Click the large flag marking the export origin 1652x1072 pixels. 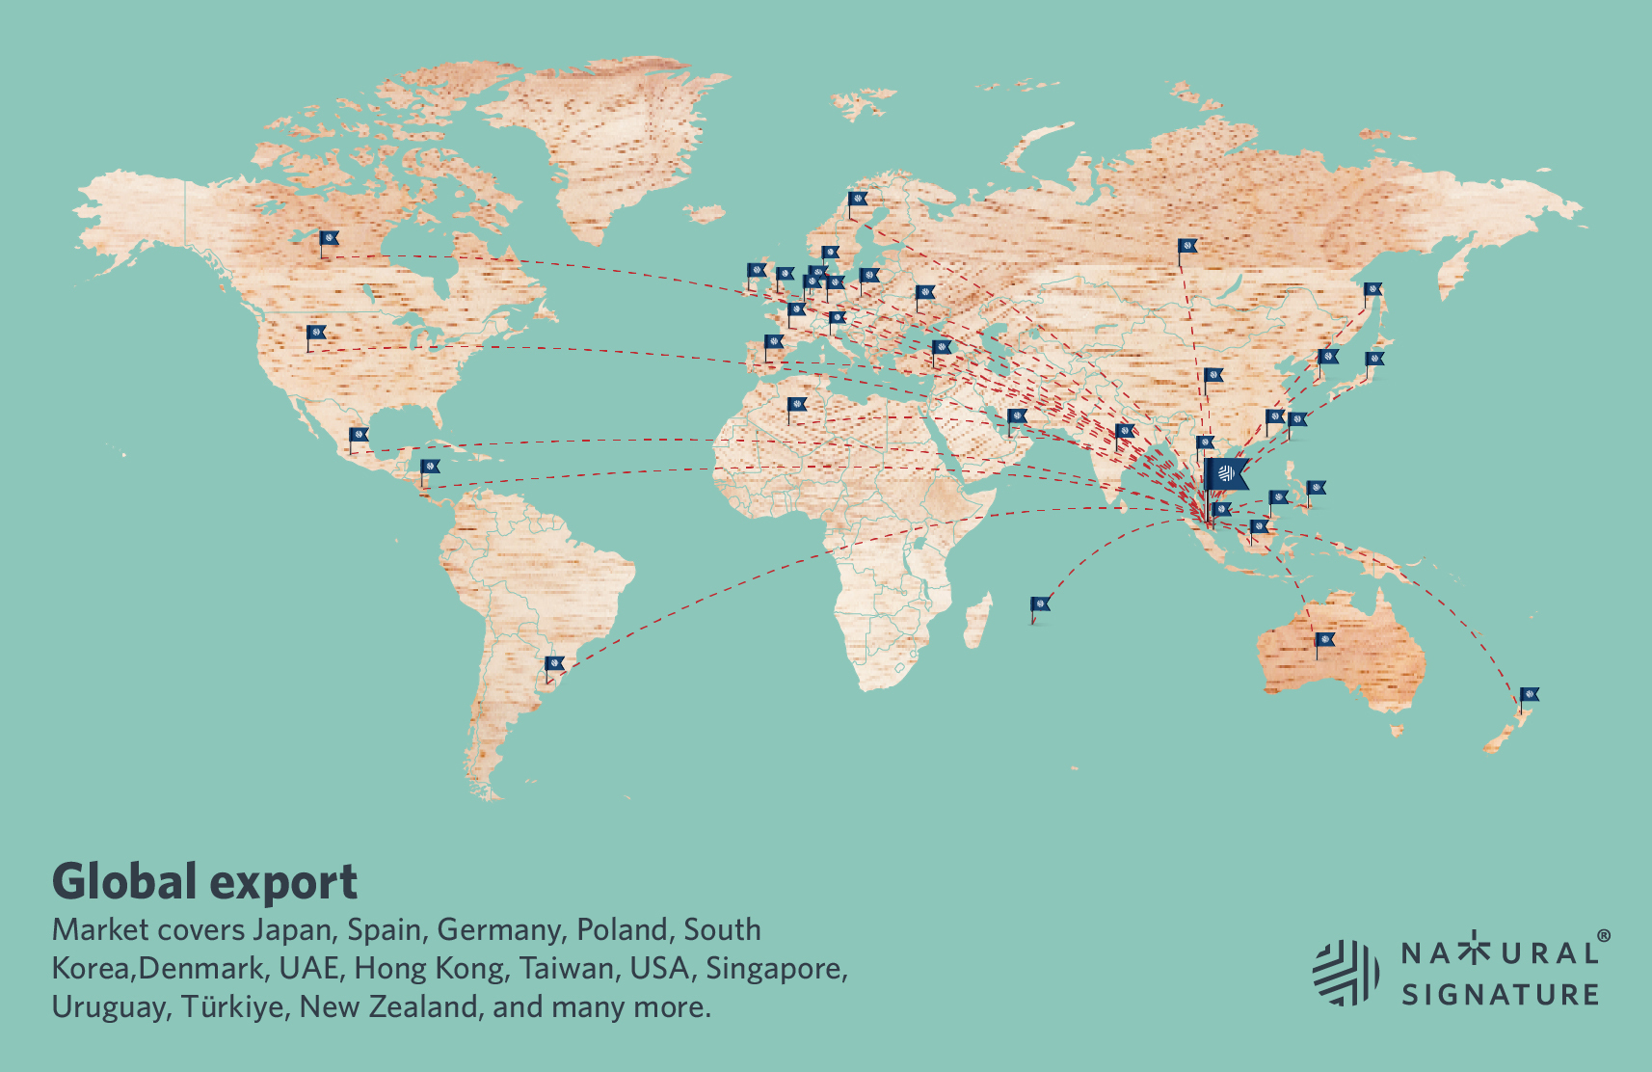click(x=1226, y=473)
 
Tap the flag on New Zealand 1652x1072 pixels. click(x=1530, y=695)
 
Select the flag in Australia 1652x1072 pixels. click(x=1325, y=640)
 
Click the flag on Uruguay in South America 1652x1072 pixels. click(x=554, y=664)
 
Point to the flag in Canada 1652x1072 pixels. click(x=329, y=238)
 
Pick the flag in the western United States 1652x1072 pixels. click(x=316, y=334)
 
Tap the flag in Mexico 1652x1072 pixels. click(x=359, y=436)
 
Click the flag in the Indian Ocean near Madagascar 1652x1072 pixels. click(x=1040, y=605)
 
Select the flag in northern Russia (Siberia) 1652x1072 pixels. click(x=1187, y=247)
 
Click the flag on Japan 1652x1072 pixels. click(x=1374, y=360)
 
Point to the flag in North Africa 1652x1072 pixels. click(x=796, y=405)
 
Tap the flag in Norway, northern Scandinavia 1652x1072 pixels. click(x=858, y=201)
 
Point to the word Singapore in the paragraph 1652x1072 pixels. click(x=776, y=968)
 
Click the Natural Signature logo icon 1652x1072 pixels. click(x=1346, y=972)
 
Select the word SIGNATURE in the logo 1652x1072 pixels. click(x=1500, y=994)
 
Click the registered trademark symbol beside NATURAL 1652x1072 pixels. click(x=1603, y=936)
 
